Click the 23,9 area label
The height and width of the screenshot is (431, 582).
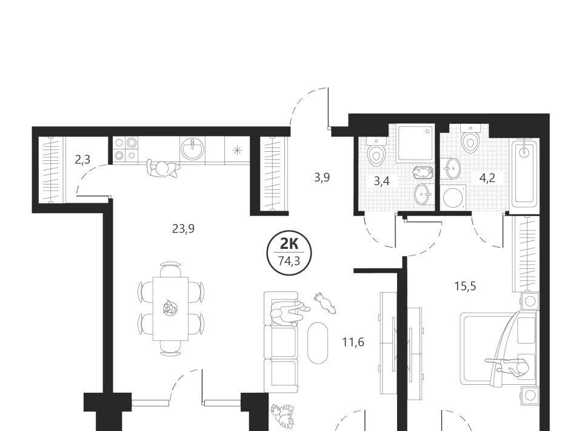point(183,229)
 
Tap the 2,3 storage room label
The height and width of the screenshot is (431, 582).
point(82,160)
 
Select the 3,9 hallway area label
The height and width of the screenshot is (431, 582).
point(322,178)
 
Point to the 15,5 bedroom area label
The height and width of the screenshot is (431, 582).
point(465,287)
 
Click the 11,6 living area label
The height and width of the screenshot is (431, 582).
point(353,342)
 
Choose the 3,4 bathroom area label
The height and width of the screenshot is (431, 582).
point(381,182)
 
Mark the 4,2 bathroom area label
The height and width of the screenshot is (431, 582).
point(487,178)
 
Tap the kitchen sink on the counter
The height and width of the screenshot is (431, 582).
point(193,149)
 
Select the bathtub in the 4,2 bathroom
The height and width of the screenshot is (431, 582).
point(524,173)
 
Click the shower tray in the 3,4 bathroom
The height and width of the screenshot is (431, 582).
point(415,143)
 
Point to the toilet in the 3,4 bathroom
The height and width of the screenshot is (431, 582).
point(376,152)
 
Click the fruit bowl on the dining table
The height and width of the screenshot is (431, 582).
point(170,308)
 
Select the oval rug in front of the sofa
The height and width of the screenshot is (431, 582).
point(318,342)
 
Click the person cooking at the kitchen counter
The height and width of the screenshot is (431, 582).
point(162,169)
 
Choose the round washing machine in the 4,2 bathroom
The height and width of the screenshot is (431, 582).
point(452,197)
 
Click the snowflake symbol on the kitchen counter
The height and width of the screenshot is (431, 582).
point(236,151)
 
